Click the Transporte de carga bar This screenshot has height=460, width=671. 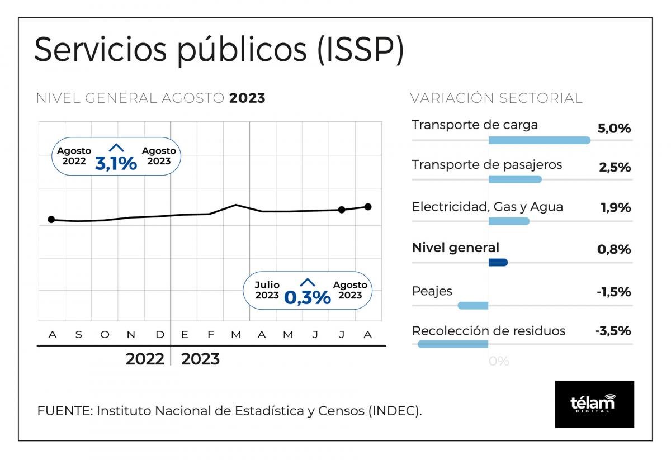(x=540, y=140)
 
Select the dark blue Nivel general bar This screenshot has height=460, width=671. (x=498, y=263)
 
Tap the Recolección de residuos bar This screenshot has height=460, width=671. (x=453, y=344)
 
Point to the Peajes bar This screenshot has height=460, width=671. (x=473, y=305)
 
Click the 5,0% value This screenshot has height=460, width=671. (x=614, y=129)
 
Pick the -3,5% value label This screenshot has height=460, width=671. (x=613, y=331)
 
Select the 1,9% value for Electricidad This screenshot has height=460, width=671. (x=616, y=208)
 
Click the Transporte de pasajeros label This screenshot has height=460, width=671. (x=486, y=165)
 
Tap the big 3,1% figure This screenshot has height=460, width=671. (x=116, y=163)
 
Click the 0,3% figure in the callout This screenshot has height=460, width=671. (x=308, y=297)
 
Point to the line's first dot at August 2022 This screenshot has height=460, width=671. (x=51, y=220)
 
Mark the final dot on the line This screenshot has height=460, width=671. (x=368, y=207)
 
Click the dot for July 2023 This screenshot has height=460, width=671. (x=342, y=210)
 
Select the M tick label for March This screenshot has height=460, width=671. (x=236, y=335)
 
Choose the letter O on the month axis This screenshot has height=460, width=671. (x=105, y=335)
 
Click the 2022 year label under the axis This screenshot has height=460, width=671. (x=145, y=359)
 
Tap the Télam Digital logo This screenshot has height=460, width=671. (x=594, y=404)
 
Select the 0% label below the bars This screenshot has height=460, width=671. (x=499, y=362)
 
